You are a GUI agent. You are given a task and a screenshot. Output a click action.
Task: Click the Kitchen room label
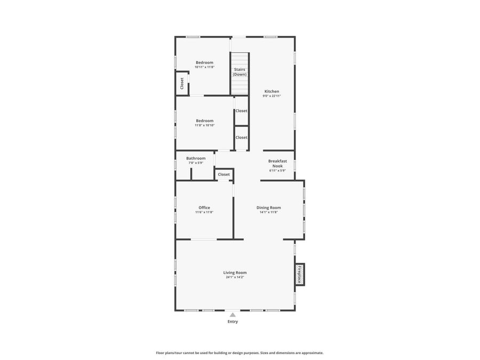click(271, 91)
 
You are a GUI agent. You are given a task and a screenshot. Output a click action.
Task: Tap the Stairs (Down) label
click(239, 72)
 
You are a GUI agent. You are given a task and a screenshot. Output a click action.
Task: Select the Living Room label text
click(235, 273)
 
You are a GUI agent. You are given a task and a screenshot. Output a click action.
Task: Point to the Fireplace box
click(300, 274)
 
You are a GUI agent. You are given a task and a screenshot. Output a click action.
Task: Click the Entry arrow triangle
click(233, 315)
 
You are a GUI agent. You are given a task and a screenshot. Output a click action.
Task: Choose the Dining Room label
click(268, 207)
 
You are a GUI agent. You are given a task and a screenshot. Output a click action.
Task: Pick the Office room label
click(204, 207)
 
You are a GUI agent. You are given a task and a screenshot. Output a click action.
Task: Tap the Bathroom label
click(196, 158)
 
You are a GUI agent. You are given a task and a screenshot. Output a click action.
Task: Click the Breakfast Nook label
click(277, 163)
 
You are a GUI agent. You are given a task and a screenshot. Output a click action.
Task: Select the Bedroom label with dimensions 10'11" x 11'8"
click(204, 62)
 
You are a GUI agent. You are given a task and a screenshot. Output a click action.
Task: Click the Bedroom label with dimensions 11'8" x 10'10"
click(204, 121)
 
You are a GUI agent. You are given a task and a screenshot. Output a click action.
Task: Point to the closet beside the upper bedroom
click(182, 83)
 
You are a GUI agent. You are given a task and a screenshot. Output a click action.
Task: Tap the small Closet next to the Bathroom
click(224, 174)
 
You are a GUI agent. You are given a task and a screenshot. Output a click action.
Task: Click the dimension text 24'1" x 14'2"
click(235, 277)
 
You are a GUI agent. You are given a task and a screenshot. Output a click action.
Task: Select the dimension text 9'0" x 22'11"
click(271, 96)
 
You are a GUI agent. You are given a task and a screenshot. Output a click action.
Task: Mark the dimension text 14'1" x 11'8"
click(268, 212)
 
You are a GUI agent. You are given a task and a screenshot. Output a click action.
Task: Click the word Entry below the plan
click(233, 322)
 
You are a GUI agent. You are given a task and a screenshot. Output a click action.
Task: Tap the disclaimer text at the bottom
click(239, 353)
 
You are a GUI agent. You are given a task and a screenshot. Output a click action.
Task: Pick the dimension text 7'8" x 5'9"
click(196, 163)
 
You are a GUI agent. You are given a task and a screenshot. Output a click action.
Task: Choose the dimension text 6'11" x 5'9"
click(277, 171)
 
